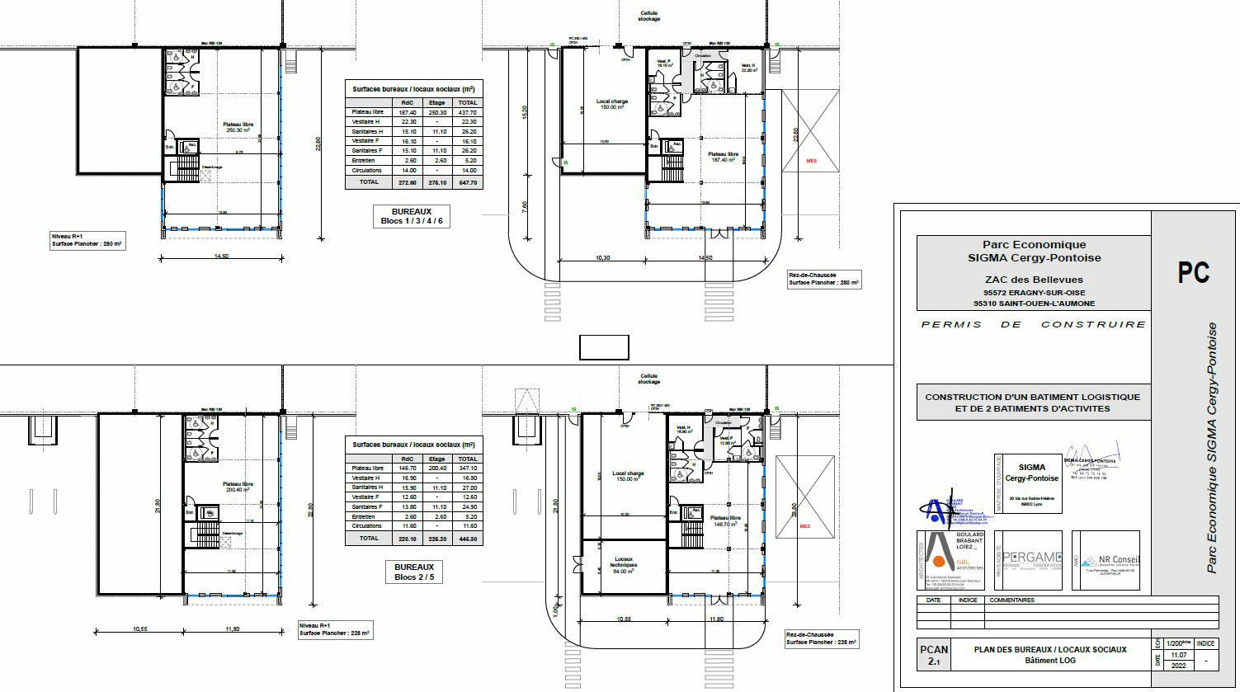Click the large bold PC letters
tap(1193, 272)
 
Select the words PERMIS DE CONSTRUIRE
tap(1033, 325)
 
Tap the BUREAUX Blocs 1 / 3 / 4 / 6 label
tap(412, 216)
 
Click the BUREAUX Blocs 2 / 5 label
tap(414, 572)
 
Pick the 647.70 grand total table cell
tap(467, 182)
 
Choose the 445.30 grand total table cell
tap(467, 539)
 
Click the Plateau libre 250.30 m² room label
tap(238, 127)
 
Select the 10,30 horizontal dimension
tap(602, 259)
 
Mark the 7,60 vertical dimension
tap(526, 205)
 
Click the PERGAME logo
tap(1032, 560)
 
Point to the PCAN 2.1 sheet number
tap(934, 655)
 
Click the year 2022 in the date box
tap(1177, 665)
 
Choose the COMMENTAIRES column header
tap(1011, 600)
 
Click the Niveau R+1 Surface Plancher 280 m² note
tap(87, 240)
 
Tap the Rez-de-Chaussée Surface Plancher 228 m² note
tap(822, 638)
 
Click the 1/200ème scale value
tap(1177, 643)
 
